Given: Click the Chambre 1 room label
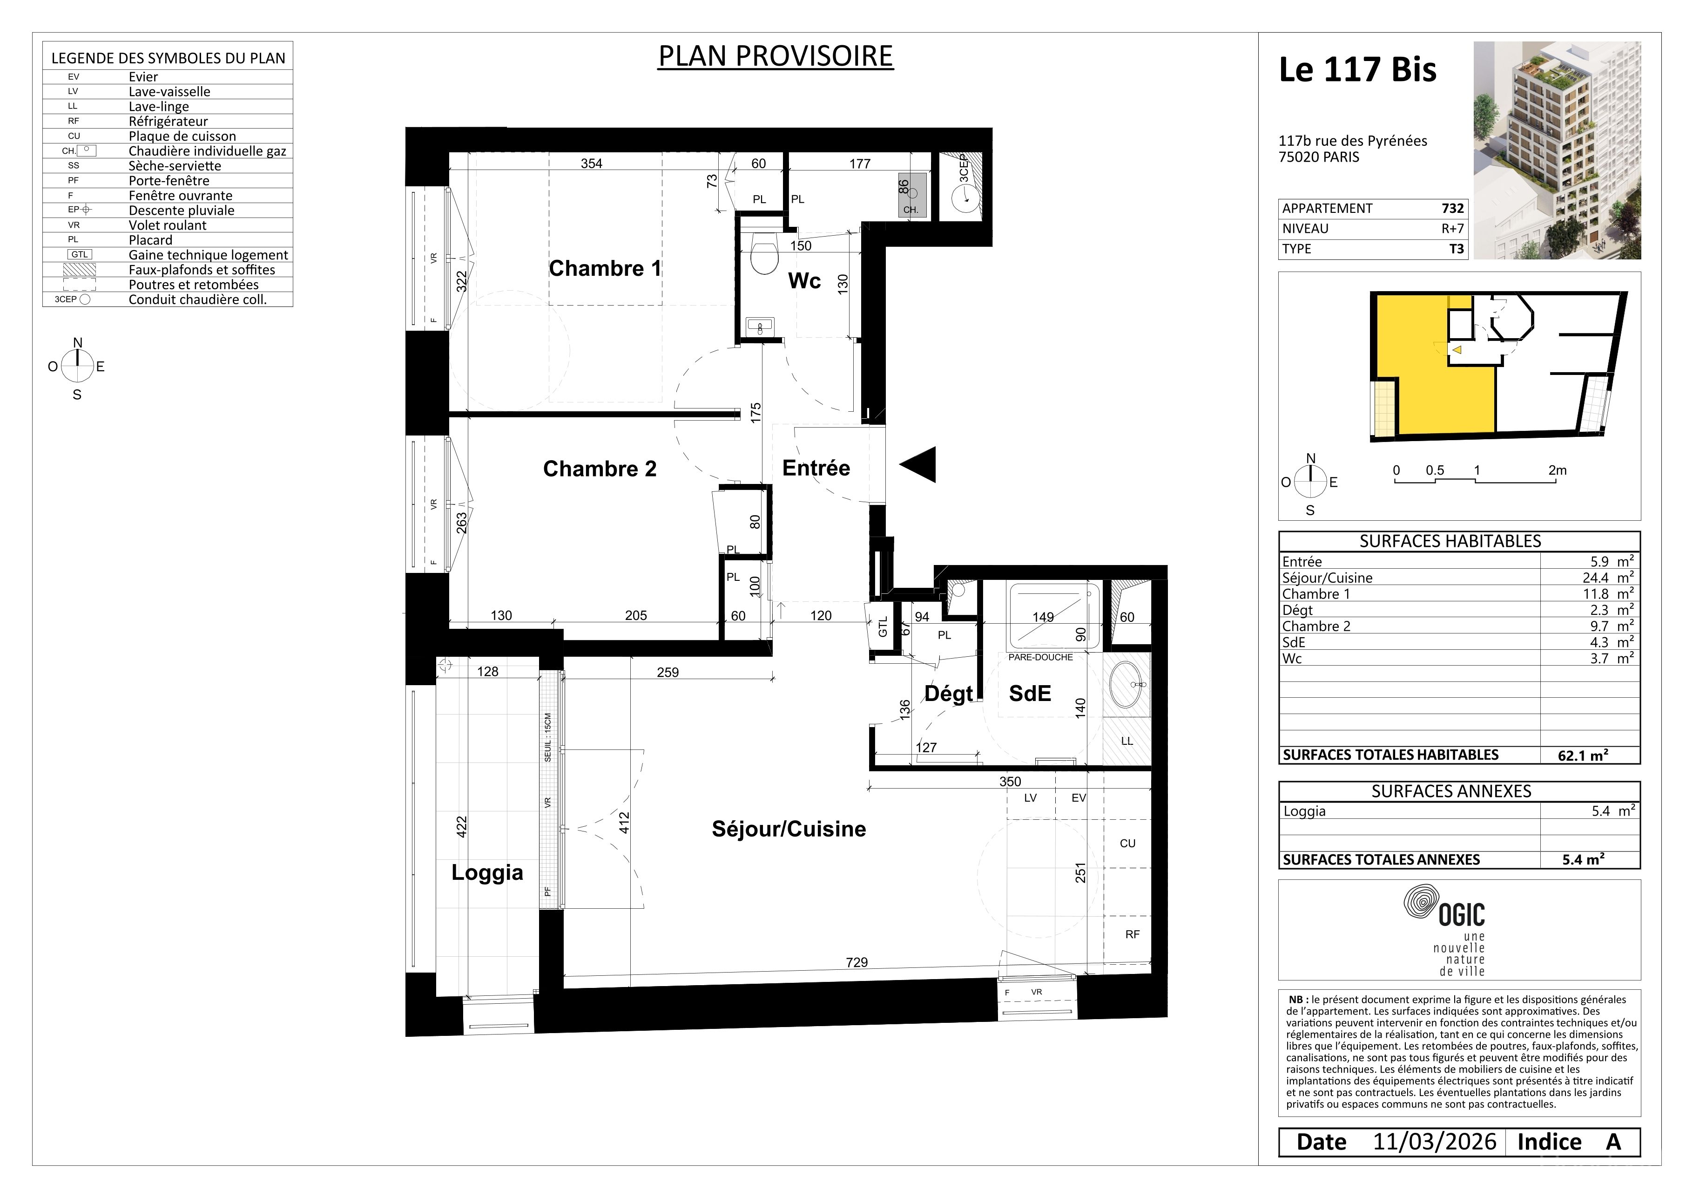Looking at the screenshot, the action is [x=605, y=268].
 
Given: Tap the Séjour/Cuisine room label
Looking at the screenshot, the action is [x=788, y=829].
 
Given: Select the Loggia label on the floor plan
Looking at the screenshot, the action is [x=487, y=873].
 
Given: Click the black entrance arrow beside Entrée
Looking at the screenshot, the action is [x=917, y=465].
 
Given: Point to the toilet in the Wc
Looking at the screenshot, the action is [x=764, y=252].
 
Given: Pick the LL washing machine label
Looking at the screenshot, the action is [x=1126, y=741].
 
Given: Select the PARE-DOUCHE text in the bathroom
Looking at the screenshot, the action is [x=1040, y=657].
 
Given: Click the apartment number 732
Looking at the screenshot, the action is [x=1453, y=209].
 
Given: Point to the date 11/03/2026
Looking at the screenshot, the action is [x=1434, y=1142].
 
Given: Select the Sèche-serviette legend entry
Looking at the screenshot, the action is [x=175, y=166].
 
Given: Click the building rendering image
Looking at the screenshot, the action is [x=1558, y=150].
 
